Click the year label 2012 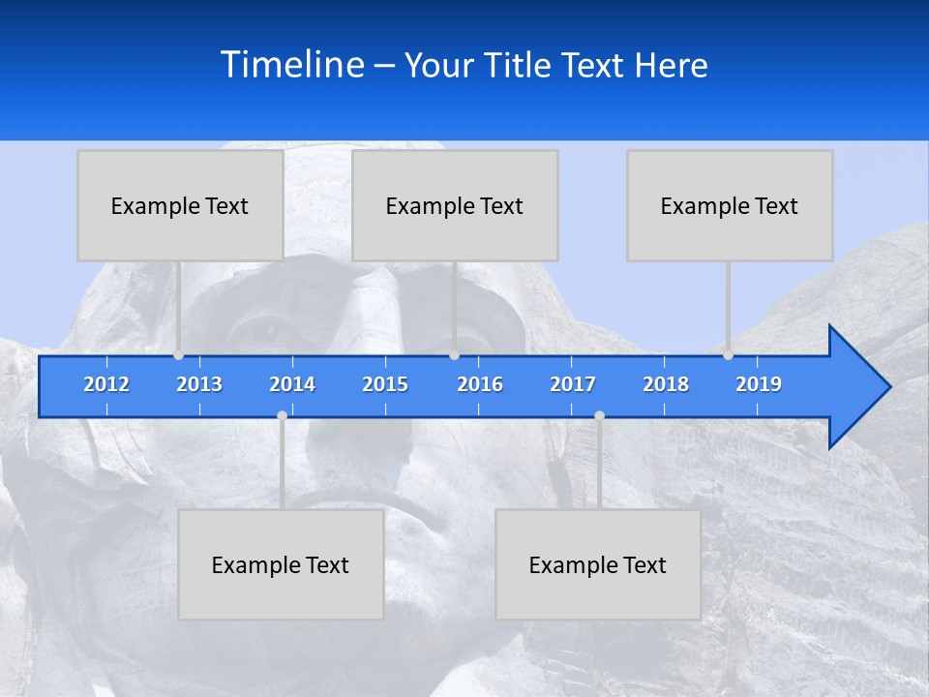[106, 384]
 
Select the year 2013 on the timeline [199, 384]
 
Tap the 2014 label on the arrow [292, 384]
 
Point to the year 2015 [385, 384]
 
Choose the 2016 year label [480, 384]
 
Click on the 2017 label [573, 384]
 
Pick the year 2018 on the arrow [666, 384]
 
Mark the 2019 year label [759, 384]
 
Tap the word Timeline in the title [291, 65]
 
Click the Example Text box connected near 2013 [180, 205]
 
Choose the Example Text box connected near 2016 [455, 205]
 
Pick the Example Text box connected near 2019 [730, 205]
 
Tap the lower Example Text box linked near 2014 [281, 564]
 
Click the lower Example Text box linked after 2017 [598, 564]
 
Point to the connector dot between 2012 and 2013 [179, 355]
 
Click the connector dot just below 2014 [282, 415]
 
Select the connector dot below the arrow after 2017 [599, 415]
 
